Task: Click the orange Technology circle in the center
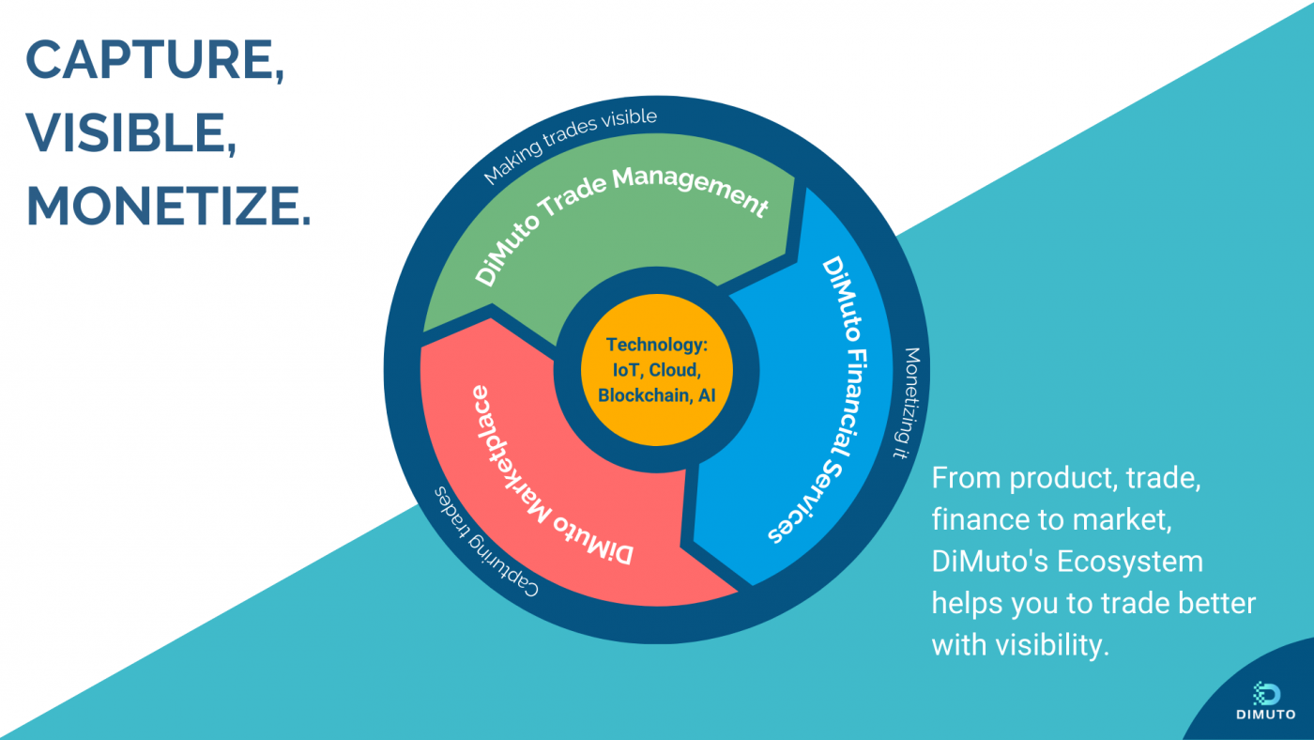(x=657, y=370)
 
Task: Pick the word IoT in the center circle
(x=626, y=370)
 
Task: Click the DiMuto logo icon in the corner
(x=1266, y=694)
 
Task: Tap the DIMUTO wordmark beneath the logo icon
(x=1266, y=715)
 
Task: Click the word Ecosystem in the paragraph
(x=1130, y=561)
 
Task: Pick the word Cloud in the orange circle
(x=675, y=370)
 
